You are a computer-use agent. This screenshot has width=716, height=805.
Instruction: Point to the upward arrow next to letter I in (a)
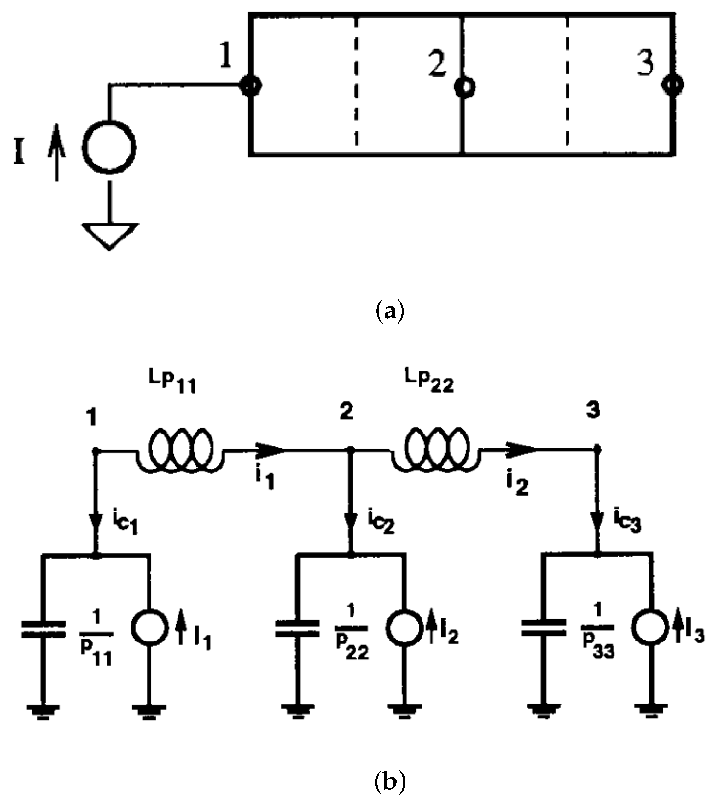coord(57,152)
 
